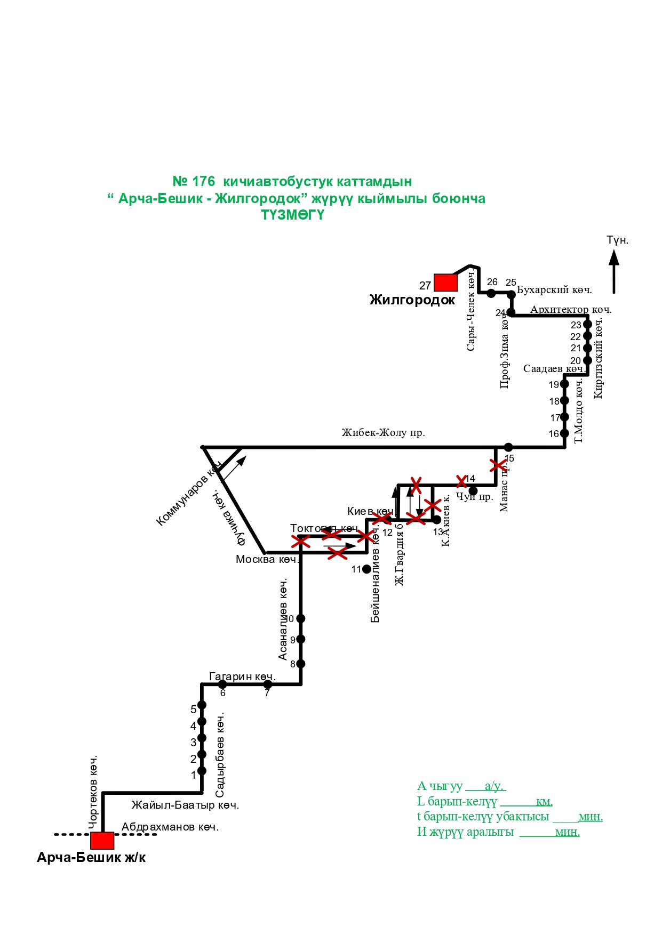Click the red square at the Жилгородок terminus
coord(445,283)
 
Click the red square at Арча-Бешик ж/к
coord(102,840)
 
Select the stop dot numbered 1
coord(202,771)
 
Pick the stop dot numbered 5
coord(202,705)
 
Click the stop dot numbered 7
coord(268,684)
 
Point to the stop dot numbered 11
coord(366,569)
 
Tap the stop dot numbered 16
coord(564,433)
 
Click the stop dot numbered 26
coord(491,293)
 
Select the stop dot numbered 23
coord(587,324)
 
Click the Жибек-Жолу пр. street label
coord(383,433)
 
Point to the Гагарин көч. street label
coord(242,676)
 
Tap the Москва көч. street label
coord(267,559)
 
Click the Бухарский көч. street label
coord(554,290)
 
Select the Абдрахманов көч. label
coord(170,827)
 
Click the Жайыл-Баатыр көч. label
coord(185,805)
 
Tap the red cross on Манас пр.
coord(498,465)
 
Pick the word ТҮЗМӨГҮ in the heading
coord(292,215)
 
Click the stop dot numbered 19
coord(564,384)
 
